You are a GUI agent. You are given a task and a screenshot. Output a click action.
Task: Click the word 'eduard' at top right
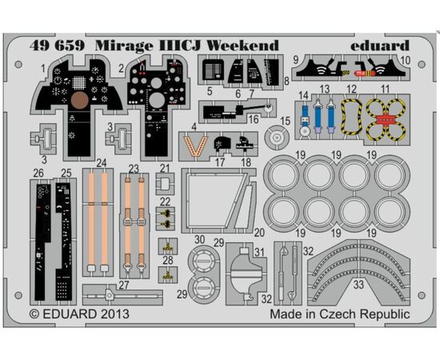380,46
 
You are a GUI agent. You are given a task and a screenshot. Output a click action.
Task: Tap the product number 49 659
58,46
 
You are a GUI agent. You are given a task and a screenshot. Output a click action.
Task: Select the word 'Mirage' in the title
124,46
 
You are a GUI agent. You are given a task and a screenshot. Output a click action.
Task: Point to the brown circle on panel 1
80,100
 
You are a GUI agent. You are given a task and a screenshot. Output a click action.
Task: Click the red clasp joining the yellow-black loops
386,119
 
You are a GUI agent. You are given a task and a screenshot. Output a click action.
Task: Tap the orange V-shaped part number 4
195,146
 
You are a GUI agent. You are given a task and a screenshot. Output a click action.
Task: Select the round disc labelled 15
277,138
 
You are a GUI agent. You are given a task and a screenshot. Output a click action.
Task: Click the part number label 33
358,285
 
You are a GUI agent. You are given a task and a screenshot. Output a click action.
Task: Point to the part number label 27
124,285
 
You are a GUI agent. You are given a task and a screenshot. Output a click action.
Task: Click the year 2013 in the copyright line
115,314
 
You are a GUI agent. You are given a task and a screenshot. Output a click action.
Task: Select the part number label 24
102,162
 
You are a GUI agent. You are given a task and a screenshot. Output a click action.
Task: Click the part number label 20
259,232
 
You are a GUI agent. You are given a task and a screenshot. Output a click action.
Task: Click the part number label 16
254,119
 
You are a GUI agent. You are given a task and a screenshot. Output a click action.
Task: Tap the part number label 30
199,240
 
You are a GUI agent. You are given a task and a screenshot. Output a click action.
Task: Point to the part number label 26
38,173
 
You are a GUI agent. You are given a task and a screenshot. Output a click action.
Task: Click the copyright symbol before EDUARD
34,314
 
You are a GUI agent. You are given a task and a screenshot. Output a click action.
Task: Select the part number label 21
165,168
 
